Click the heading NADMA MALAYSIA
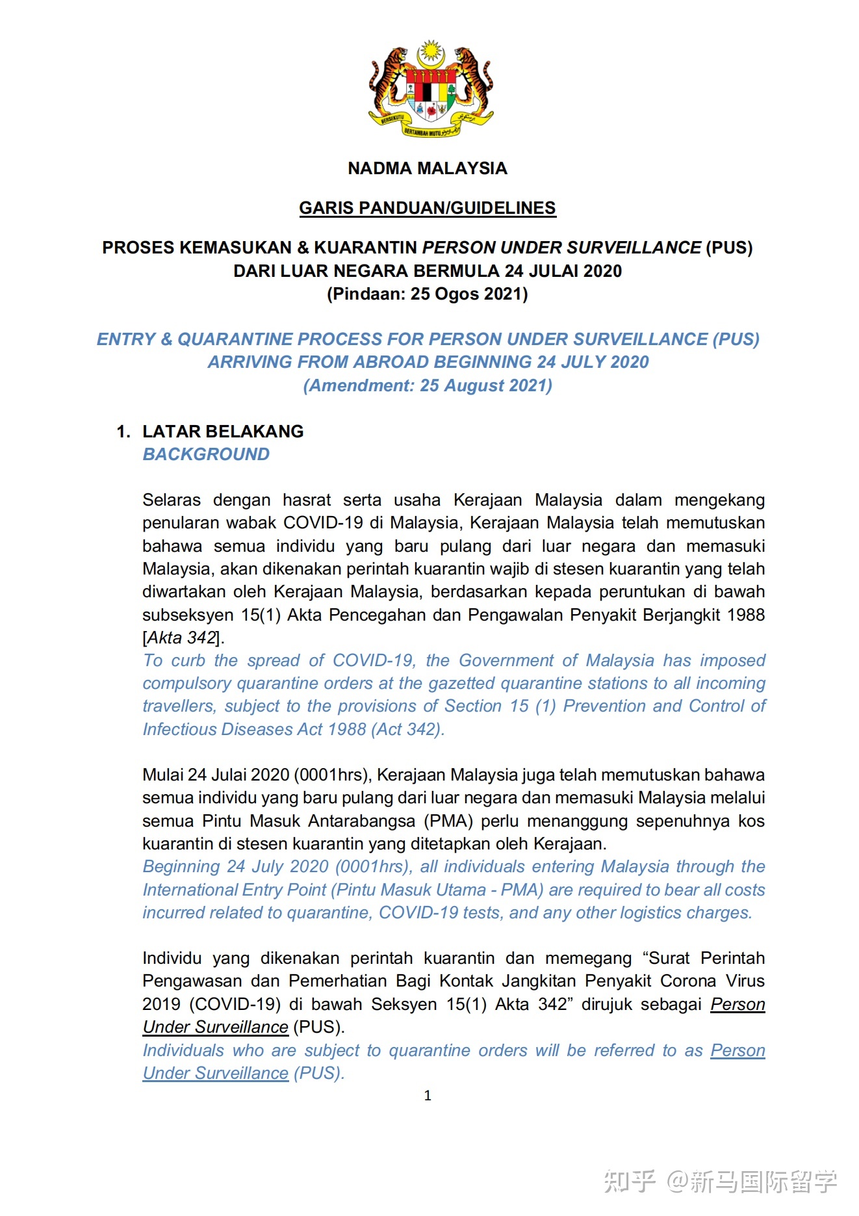pyautogui.click(x=427, y=168)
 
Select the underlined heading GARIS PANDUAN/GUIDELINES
pyautogui.click(x=427, y=208)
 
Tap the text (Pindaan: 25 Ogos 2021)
pyautogui.click(x=427, y=294)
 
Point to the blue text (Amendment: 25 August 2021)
pyautogui.click(x=427, y=385)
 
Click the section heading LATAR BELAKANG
pyautogui.click(x=223, y=432)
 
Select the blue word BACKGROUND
pyautogui.click(x=206, y=454)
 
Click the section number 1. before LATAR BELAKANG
pyautogui.click(x=123, y=432)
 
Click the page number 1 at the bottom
pyautogui.click(x=428, y=1096)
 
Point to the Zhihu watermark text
pyautogui.click(x=720, y=1181)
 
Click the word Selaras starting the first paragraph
pyautogui.click(x=172, y=500)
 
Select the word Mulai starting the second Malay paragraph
pyautogui.click(x=163, y=775)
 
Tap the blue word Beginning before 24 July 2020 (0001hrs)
pyautogui.click(x=181, y=866)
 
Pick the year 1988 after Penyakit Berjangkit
pyautogui.click(x=745, y=615)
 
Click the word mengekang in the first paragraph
pyautogui.click(x=719, y=500)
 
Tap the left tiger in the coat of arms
pyautogui.click(x=388, y=81)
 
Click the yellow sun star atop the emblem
pyautogui.click(x=430, y=51)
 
